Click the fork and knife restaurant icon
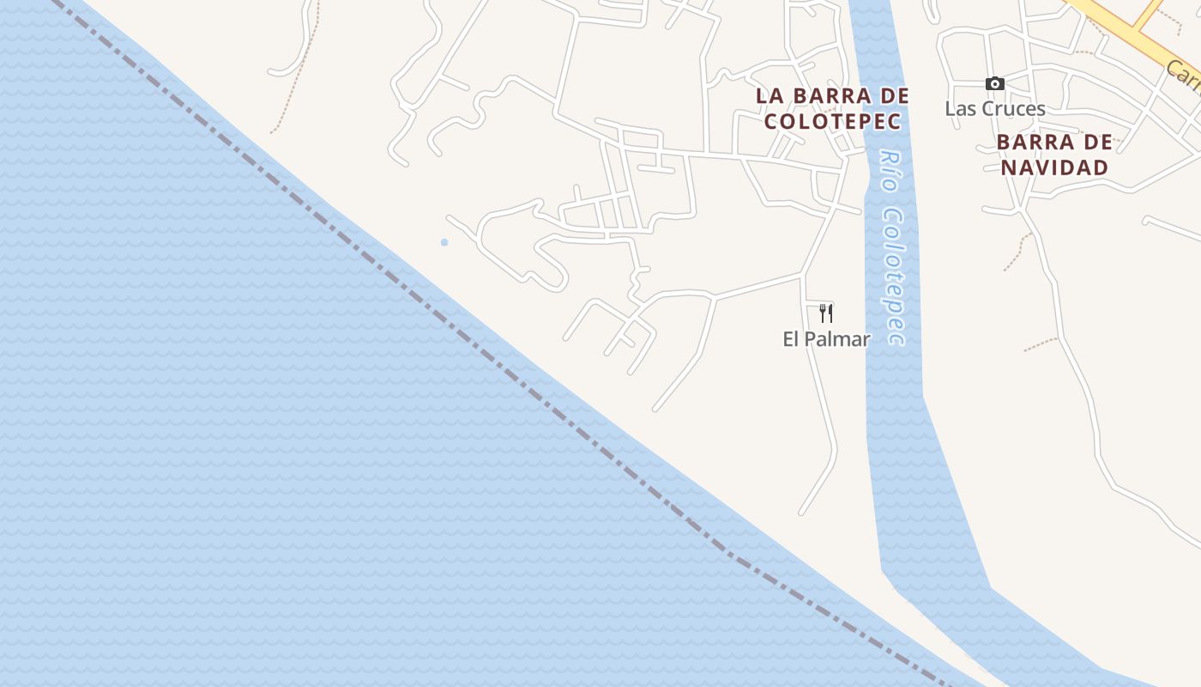[x=826, y=313]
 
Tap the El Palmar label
[x=826, y=339]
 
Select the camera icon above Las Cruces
[x=994, y=83]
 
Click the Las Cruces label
[x=995, y=109]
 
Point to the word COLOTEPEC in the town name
[x=832, y=122]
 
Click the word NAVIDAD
[x=1054, y=167]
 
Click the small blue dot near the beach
[x=444, y=243]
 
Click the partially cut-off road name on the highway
[x=1185, y=78]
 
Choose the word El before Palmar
[x=791, y=339]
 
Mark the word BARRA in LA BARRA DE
[x=829, y=96]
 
